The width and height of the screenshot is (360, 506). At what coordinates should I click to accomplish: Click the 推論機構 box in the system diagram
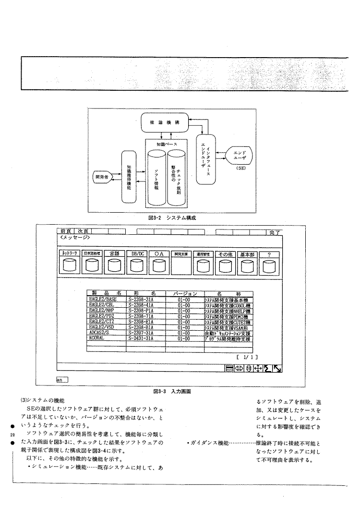pyautogui.click(x=164, y=122)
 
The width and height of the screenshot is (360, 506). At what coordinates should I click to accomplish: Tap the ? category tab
pyautogui.click(x=269, y=253)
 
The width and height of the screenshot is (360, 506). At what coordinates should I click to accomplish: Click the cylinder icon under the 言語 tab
pyautogui.click(x=114, y=266)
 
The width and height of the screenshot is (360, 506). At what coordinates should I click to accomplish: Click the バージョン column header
pyautogui.click(x=184, y=292)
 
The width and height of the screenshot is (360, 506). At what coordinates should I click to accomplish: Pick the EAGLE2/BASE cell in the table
pyautogui.click(x=107, y=299)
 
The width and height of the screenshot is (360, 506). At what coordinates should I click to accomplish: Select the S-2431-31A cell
pyautogui.click(x=145, y=338)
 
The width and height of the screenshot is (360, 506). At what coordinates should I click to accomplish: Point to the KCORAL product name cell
pyautogui.click(x=107, y=338)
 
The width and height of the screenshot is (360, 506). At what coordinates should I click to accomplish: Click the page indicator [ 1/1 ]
pyautogui.click(x=248, y=357)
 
